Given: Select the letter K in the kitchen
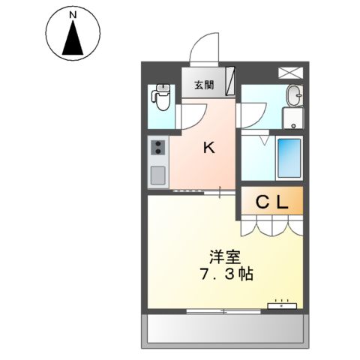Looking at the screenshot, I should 210,148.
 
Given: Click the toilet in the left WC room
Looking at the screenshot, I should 160,95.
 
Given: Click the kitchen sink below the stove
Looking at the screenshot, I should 158,175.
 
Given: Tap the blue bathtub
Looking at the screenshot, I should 289,157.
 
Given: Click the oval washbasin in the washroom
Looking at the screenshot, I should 295,95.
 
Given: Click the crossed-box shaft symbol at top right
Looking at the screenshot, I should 289,73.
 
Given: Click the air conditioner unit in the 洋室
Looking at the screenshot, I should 283,305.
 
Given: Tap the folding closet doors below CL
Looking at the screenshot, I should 272,223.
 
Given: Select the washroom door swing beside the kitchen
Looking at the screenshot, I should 247,115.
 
